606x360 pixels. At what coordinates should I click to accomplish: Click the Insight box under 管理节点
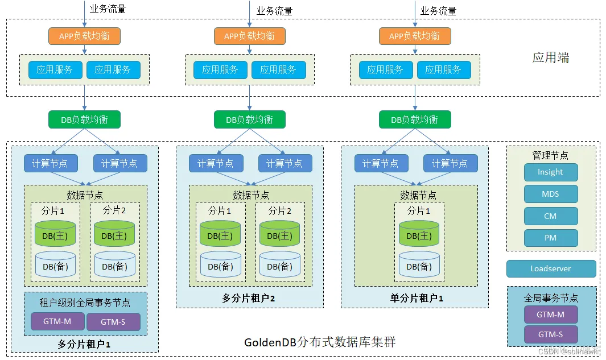[550, 172]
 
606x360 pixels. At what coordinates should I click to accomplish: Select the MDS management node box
[550, 194]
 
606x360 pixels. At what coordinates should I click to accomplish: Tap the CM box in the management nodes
[550, 216]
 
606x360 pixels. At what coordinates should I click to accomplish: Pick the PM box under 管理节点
[550, 238]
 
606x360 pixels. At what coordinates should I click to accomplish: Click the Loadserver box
[551, 268]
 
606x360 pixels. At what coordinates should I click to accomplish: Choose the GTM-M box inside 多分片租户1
[57, 322]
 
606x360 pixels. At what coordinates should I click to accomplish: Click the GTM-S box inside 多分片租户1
[113, 322]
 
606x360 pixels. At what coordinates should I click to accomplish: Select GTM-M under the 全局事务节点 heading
[550, 315]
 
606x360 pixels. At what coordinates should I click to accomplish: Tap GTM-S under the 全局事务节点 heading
[550, 334]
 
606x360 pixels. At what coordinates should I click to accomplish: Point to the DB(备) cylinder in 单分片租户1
[419, 266]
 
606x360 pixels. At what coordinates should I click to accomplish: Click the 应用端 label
[550, 57]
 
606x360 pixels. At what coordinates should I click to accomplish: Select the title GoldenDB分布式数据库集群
[320, 342]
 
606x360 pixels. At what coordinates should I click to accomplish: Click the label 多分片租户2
[249, 298]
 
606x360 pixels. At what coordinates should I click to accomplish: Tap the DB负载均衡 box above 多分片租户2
[249, 119]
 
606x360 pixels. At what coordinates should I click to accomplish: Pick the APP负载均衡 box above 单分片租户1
[414, 36]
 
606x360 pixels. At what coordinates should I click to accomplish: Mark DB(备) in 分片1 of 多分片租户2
[221, 266]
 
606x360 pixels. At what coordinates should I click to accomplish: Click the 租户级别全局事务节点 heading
[85, 302]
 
